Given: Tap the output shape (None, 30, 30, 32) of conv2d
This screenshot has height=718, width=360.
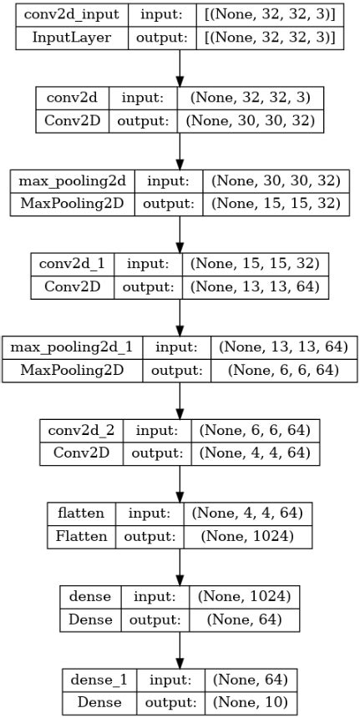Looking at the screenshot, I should click(x=251, y=119).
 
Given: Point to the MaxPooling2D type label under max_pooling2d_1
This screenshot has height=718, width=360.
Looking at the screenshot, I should click(x=73, y=369).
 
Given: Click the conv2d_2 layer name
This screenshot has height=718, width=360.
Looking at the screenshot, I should click(x=82, y=431).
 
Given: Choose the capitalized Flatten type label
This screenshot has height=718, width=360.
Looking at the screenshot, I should click(x=82, y=535).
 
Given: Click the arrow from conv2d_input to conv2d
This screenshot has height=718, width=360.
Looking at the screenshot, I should click(x=180, y=68).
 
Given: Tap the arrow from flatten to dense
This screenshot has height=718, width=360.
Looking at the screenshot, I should click(x=180, y=568).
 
